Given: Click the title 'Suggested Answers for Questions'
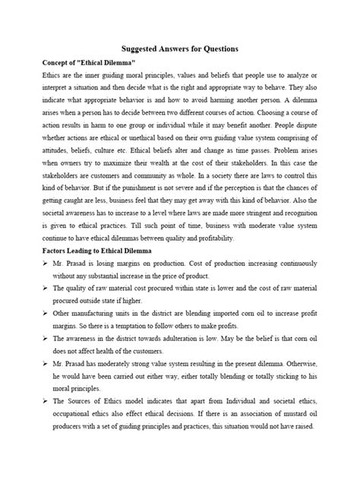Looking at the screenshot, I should click(180, 49).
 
